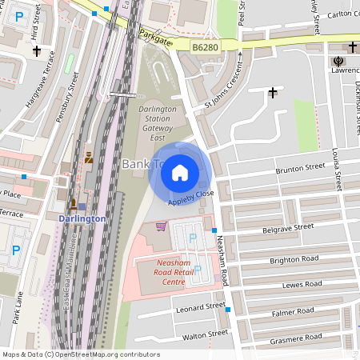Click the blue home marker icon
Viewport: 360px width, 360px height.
[180, 173]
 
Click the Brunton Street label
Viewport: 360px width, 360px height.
[300, 168]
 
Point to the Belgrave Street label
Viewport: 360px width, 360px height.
[288, 228]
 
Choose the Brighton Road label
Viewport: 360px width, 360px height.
[294, 259]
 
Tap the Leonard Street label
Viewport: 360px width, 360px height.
[200, 307]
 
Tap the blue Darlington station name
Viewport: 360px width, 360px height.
[82, 218]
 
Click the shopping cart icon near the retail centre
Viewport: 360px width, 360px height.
[161, 226]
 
